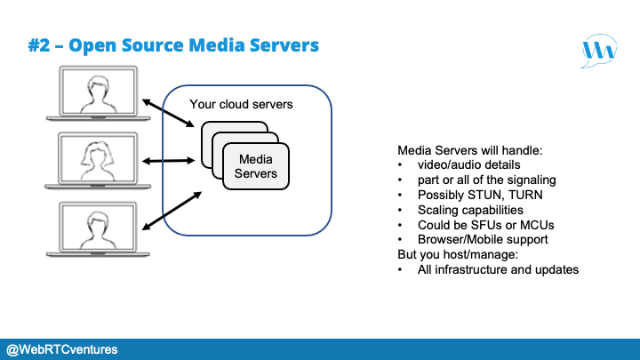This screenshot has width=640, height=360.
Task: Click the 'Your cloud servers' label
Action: (241, 105)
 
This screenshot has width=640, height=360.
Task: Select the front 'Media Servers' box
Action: (257, 166)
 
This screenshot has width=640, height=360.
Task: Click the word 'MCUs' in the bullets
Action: (531, 225)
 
